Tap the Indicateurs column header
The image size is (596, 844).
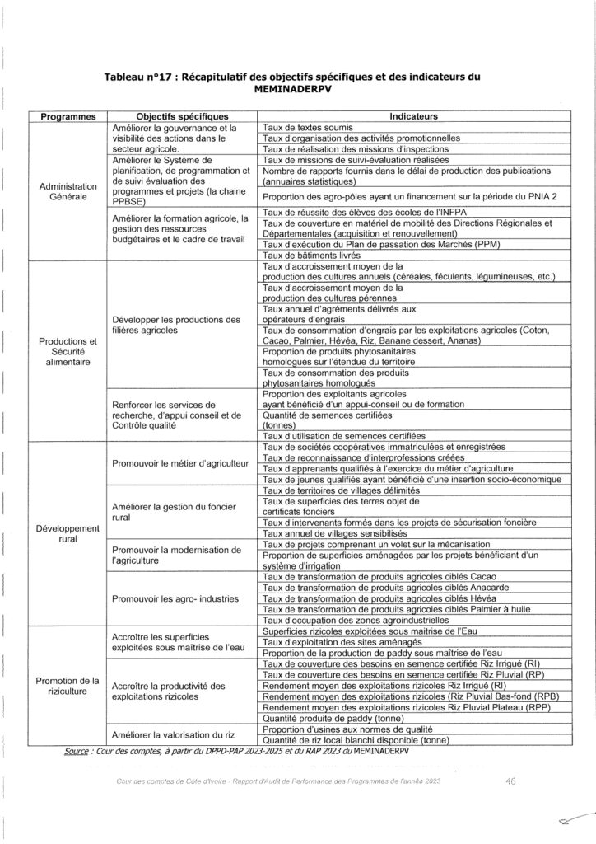click(415, 117)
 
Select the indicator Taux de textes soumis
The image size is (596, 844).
click(308, 128)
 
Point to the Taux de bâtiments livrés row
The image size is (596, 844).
click(311, 256)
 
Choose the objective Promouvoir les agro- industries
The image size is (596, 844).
click(175, 598)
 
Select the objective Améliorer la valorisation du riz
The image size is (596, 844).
click(174, 734)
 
